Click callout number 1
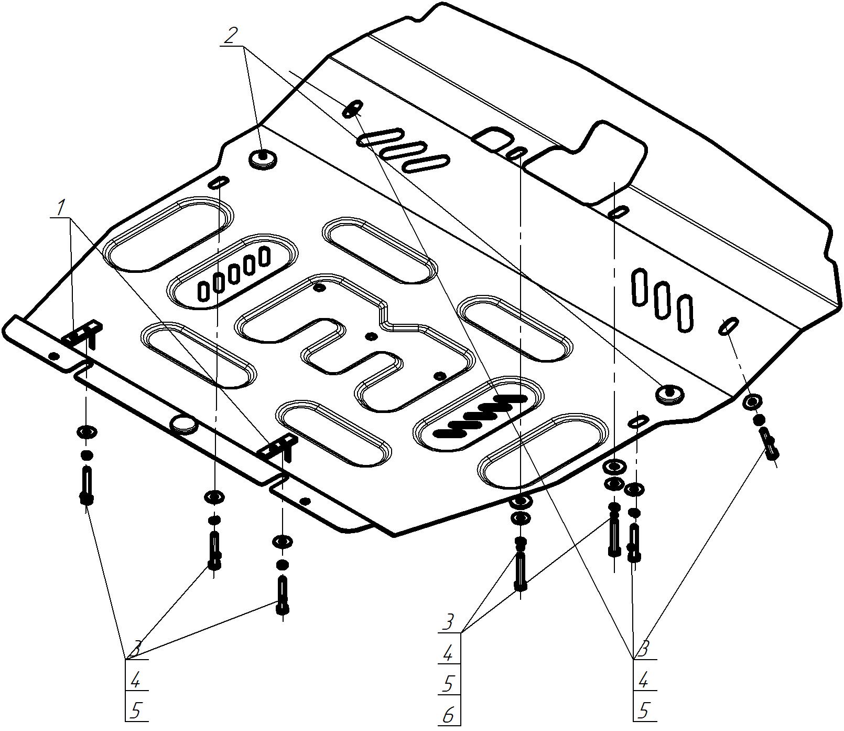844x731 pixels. point(61,208)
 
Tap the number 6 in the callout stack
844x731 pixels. point(448,715)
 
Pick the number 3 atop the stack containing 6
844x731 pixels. point(448,623)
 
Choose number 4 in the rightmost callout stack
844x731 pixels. point(644,681)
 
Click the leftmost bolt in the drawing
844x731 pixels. point(86,485)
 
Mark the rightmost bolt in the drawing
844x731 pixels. point(770,444)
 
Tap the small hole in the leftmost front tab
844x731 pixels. point(53,356)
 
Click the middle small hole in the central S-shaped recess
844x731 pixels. point(371,336)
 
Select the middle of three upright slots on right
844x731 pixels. point(662,300)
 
